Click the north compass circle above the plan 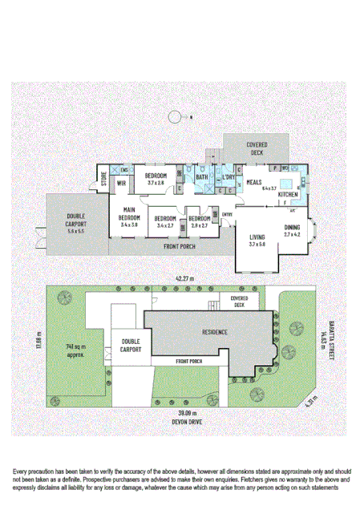click(176, 118)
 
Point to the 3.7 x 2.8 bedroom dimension click(155, 184)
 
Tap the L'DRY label click(229, 178)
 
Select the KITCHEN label click(288, 195)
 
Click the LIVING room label click(257, 237)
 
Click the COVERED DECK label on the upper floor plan click(257, 148)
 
